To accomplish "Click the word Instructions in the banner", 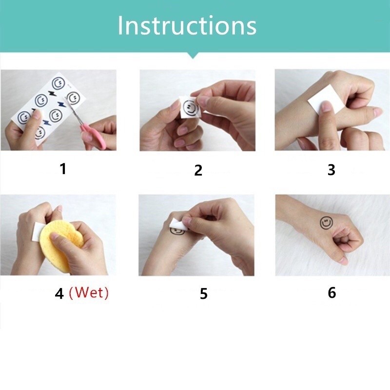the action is [x=187, y=26].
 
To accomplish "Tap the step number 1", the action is [x=63, y=169].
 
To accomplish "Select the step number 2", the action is [x=198, y=170].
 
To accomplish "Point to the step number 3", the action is [x=331, y=170].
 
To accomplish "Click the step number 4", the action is [x=59, y=294].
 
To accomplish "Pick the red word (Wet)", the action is [x=89, y=293].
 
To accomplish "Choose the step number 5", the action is [x=203, y=294].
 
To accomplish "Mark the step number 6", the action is [x=332, y=292].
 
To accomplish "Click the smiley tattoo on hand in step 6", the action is [x=326, y=223].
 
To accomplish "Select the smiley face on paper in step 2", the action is [x=190, y=107].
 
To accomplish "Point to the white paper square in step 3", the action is [x=326, y=99].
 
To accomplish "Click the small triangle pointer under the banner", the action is [x=193, y=56].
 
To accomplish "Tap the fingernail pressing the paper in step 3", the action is [x=326, y=107].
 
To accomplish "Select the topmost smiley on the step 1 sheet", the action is [x=58, y=83].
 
